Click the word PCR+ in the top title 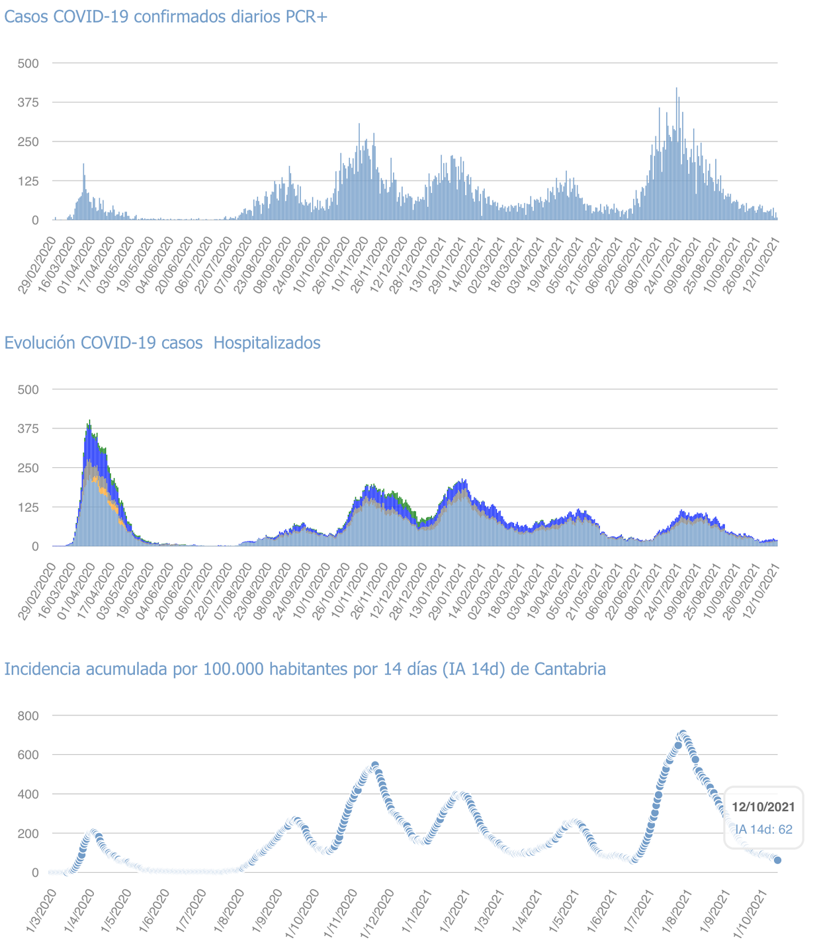pos(307,17)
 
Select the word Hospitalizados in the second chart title pos(267,343)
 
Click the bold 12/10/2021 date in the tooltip pos(763,807)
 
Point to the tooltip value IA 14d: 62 pos(763,829)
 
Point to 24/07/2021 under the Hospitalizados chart pos(667,590)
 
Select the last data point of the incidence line pos(777,860)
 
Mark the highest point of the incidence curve pos(683,734)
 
